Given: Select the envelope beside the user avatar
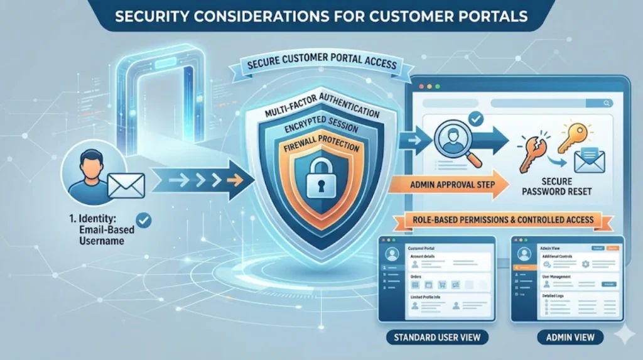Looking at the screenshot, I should click(126, 185).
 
